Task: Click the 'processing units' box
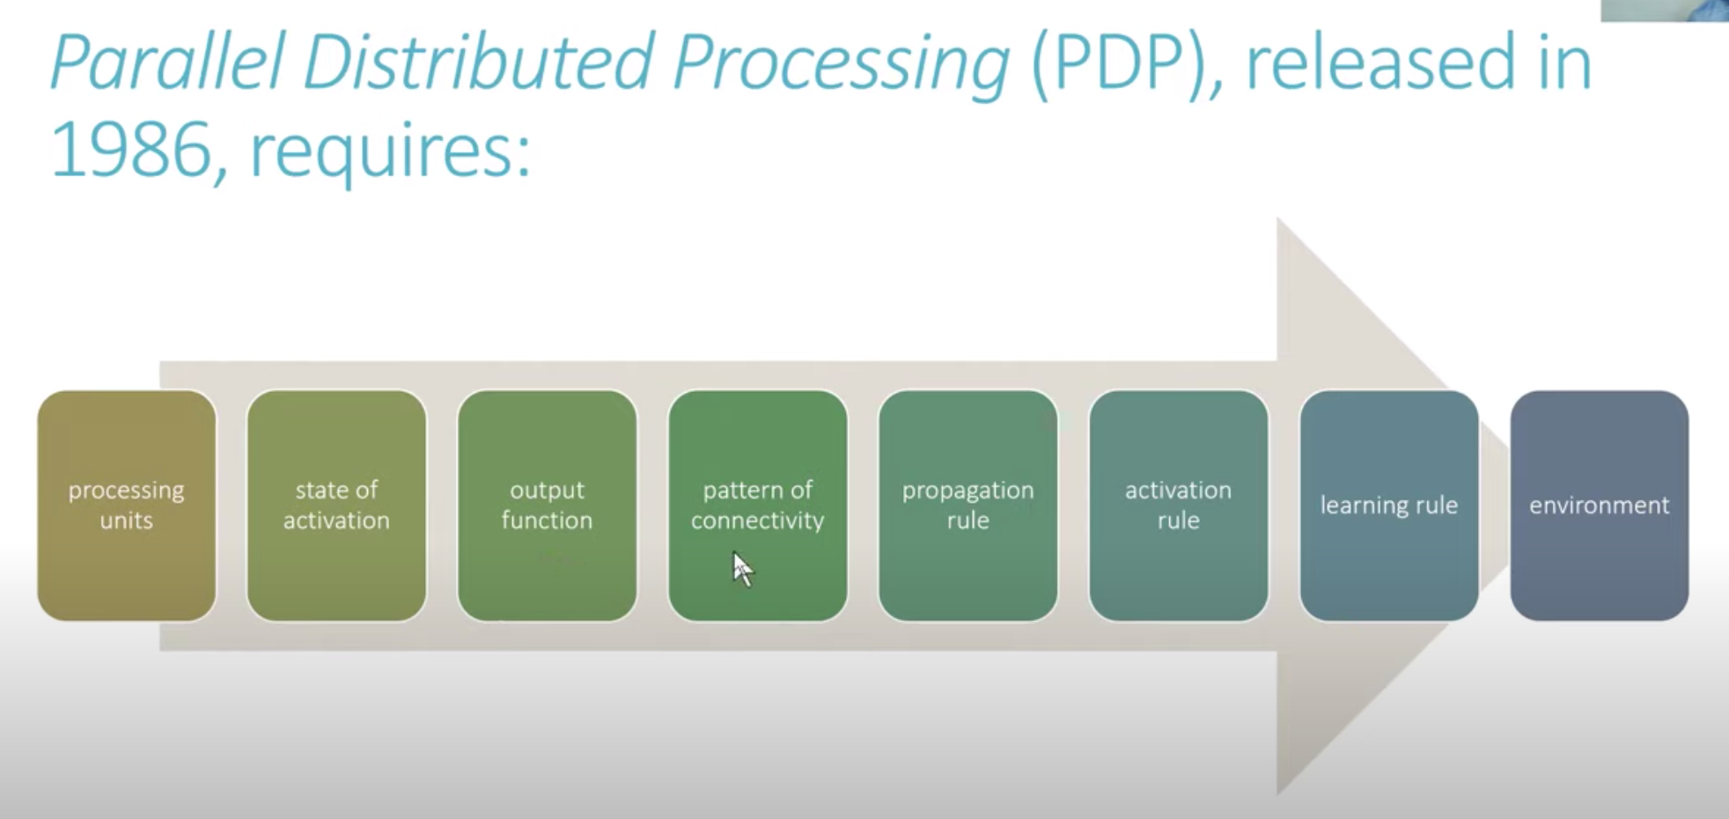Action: click(127, 505)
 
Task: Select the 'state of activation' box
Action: click(336, 505)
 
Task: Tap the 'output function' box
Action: click(547, 505)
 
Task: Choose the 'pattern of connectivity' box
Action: click(757, 505)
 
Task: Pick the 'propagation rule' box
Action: click(968, 505)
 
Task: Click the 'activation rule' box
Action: click(1178, 505)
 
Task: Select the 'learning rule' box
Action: click(1388, 505)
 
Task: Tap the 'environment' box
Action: click(1599, 505)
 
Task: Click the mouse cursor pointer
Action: click(742, 568)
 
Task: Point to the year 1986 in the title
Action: click(131, 151)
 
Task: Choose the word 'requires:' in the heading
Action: click(391, 153)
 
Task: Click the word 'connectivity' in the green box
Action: click(757, 520)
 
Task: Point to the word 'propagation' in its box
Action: click(968, 491)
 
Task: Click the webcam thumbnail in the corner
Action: click(1665, 11)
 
